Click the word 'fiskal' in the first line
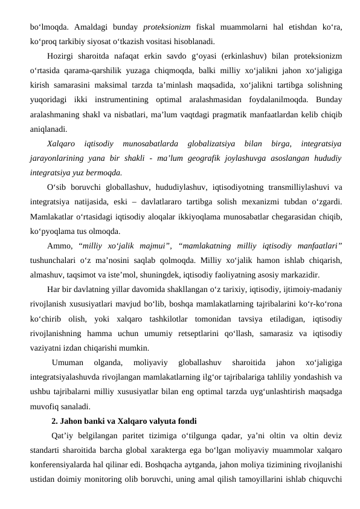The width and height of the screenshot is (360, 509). (x=220, y=27)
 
